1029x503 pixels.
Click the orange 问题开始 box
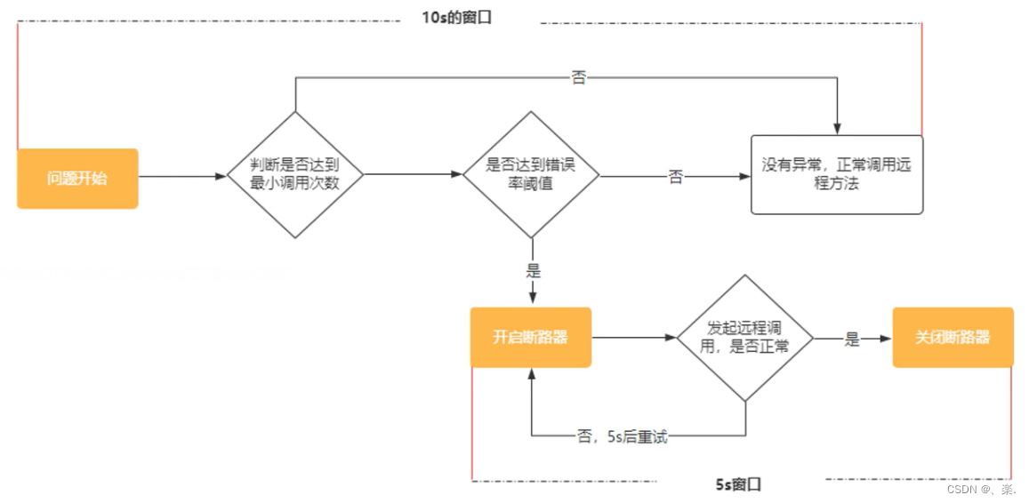pyautogui.click(x=77, y=179)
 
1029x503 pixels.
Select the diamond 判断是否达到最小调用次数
pyautogui.click(x=295, y=174)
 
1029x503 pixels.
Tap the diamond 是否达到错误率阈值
pyautogui.click(x=531, y=174)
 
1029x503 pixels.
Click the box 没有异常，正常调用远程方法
pyautogui.click(x=836, y=175)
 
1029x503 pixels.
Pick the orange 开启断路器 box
pyautogui.click(x=531, y=338)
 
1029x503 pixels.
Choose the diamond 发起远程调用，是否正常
pyautogui.click(x=744, y=338)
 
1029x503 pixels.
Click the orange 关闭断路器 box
pyautogui.click(x=953, y=338)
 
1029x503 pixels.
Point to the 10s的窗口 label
pyautogui.click(x=456, y=18)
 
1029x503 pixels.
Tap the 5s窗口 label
pyautogui.click(x=738, y=484)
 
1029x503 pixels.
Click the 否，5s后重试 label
pyautogui.click(x=622, y=436)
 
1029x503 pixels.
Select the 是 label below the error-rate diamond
pyautogui.click(x=534, y=271)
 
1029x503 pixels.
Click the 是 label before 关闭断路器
pyautogui.click(x=852, y=339)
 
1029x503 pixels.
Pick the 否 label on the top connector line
pyautogui.click(x=578, y=78)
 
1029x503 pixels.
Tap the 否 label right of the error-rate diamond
pyautogui.click(x=676, y=177)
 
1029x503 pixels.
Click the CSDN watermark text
pyautogui.click(x=981, y=490)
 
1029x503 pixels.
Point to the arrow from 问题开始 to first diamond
pyautogui.click(x=182, y=176)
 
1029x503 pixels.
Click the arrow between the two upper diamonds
pyautogui.click(x=414, y=175)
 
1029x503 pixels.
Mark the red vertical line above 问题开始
pyautogui.click(x=18, y=84)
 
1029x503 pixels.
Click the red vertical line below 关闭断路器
pyautogui.click(x=1011, y=422)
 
